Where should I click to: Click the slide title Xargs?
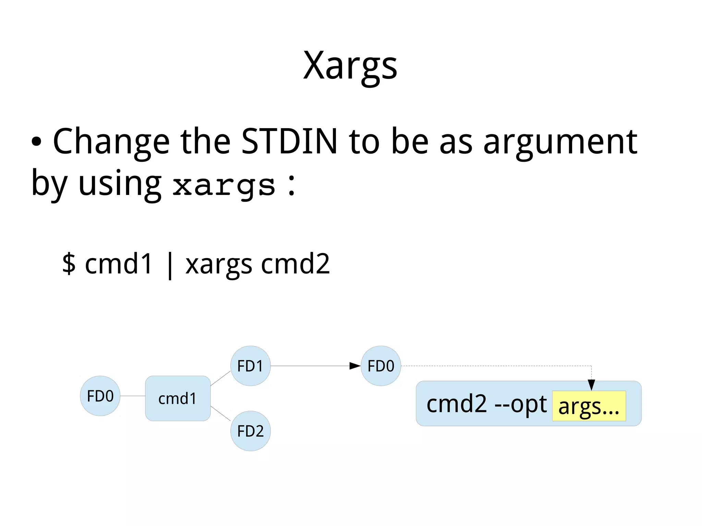pos(350,66)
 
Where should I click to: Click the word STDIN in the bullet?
pos(289,141)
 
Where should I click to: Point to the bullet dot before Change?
pos(37,142)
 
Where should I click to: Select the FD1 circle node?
pos(250,366)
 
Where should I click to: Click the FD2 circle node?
pos(250,431)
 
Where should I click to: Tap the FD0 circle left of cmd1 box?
pos(100,396)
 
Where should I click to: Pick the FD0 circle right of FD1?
pos(380,366)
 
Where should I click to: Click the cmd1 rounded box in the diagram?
pos(178,399)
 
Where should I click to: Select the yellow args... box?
pos(589,406)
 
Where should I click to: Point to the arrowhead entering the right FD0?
pos(355,366)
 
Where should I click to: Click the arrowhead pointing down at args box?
pos(591,384)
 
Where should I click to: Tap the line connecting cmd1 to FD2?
pos(220,413)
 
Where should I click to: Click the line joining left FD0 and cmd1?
pos(133,396)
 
